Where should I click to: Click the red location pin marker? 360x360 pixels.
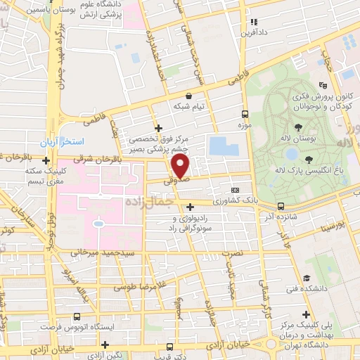(181, 167)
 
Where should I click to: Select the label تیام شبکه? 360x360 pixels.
(189, 106)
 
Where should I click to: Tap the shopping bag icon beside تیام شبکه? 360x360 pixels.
(188, 95)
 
